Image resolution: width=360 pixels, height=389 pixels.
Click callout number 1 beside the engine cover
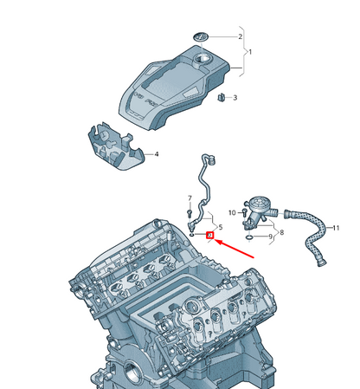pos(251,52)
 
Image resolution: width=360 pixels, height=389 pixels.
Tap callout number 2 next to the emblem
pos(240,37)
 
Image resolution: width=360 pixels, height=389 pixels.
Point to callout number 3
pos(235,98)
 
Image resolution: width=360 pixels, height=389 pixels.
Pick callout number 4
pos(157,155)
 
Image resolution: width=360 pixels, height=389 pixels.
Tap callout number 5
pos(221,227)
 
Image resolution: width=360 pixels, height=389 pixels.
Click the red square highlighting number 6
pos(209,234)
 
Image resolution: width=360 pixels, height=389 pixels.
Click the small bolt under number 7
pos(190,211)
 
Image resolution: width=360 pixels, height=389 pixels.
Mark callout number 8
pos(281,232)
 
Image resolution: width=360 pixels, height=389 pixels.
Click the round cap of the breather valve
pos(255,202)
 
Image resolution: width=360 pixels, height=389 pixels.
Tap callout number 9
pos(270,236)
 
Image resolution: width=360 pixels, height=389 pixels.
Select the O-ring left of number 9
pos(250,234)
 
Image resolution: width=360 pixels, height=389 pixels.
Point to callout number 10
pos(231,212)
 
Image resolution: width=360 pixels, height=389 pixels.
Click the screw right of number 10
pos(244,211)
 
